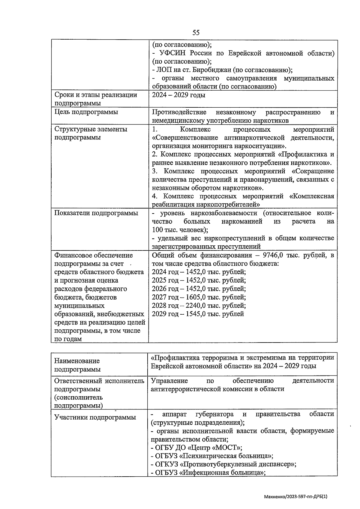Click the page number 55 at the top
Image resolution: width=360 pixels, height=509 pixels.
click(196, 32)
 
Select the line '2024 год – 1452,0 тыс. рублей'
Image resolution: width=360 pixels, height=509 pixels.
click(199, 272)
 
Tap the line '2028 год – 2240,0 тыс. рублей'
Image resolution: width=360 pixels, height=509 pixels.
click(199, 306)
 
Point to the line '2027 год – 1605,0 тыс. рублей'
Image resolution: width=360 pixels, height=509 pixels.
click(199, 297)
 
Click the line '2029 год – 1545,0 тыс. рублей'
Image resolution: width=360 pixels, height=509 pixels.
click(198, 314)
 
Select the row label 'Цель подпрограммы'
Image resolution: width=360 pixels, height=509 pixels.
click(86, 112)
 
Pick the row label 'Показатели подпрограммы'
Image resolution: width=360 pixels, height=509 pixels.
click(96, 213)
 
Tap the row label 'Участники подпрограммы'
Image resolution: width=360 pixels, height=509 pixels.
click(95, 417)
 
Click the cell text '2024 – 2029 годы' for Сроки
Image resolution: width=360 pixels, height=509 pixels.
click(178, 95)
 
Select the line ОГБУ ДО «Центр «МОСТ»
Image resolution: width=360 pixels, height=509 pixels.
click(196, 448)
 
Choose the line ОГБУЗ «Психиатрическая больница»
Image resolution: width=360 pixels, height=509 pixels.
click(212, 456)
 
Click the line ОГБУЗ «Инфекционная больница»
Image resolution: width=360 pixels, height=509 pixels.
click(209, 473)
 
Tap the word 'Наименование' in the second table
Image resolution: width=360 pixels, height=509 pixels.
click(77, 361)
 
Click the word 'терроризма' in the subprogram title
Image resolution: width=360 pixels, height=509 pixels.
click(219, 358)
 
